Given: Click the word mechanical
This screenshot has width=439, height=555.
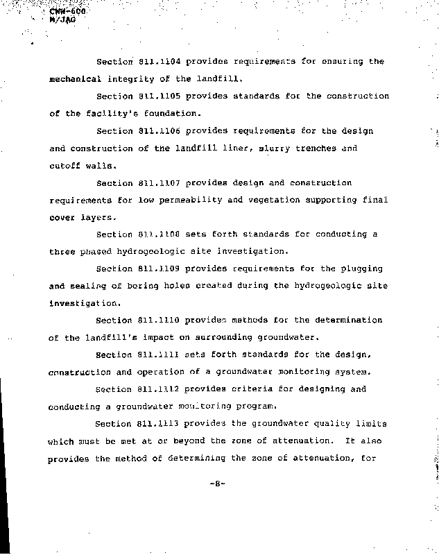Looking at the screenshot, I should point(74,79).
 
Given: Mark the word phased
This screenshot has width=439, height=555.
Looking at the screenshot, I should point(93,252).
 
